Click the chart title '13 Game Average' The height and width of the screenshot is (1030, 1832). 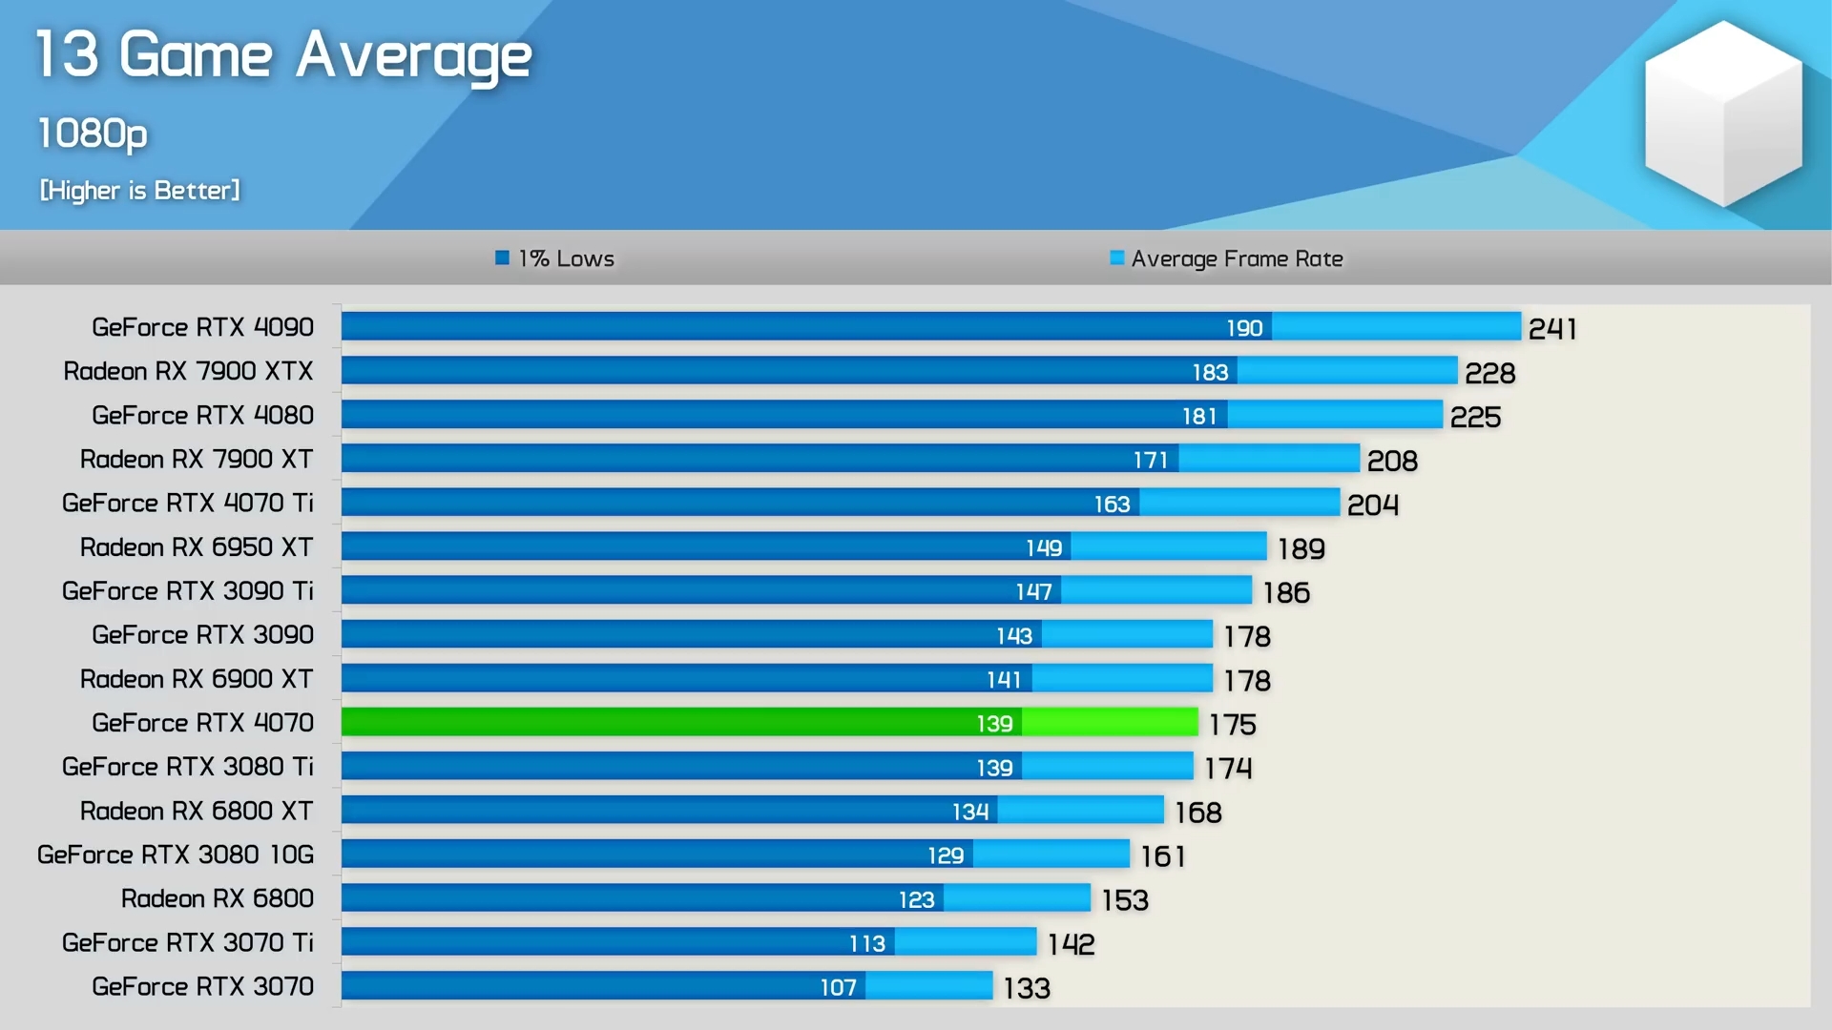click(x=283, y=55)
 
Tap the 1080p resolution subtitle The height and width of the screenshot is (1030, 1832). click(x=93, y=134)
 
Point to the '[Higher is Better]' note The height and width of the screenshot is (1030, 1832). click(x=139, y=191)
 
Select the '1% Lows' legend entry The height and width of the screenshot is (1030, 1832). click(x=555, y=258)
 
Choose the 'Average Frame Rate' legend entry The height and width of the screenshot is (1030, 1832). click(x=1227, y=258)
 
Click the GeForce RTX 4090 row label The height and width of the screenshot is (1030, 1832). click(x=202, y=327)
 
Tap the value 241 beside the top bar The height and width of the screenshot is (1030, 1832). click(x=1552, y=329)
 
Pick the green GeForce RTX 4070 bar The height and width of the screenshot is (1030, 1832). click(x=769, y=722)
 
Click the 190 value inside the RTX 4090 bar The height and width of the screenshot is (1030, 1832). click(x=1244, y=328)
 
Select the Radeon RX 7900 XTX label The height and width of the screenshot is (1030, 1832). click(x=188, y=371)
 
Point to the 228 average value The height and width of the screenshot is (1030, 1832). click(x=1489, y=373)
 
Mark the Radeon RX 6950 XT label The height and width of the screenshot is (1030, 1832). click(x=197, y=547)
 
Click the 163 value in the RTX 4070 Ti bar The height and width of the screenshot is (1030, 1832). click(x=1112, y=504)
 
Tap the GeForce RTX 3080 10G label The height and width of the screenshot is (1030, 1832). click(x=176, y=855)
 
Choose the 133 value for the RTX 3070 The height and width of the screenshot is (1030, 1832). click(x=1027, y=988)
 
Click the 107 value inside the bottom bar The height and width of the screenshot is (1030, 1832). click(x=838, y=987)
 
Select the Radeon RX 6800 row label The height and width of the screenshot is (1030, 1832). click(x=217, y=898)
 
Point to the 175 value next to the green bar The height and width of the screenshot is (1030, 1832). click(x=1232, y=725)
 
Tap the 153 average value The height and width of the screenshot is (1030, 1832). click(x=1125, y=900)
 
